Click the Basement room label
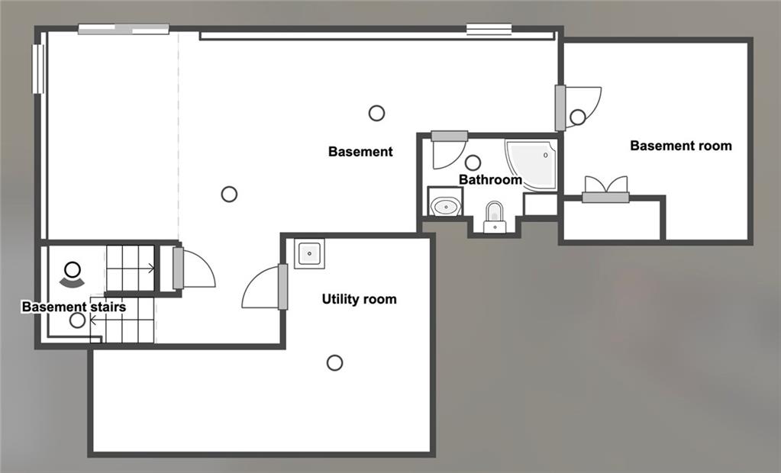pos(681,146)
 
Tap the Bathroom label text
pos(490,179)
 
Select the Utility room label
pos(359,299)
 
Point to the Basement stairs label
pos(74,306)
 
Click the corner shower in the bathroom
pos(533,163)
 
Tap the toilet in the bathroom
pos(495,217)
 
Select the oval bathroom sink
pos(445,205)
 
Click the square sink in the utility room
pos(309,253)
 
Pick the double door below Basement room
pos(605,190)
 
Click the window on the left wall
pos(38,69)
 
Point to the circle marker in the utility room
pos(334,363)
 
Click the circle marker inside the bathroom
pos(473,162)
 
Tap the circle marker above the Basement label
pos(376,113)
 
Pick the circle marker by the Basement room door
pos(578,117)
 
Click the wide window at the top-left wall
pos(124,30)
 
